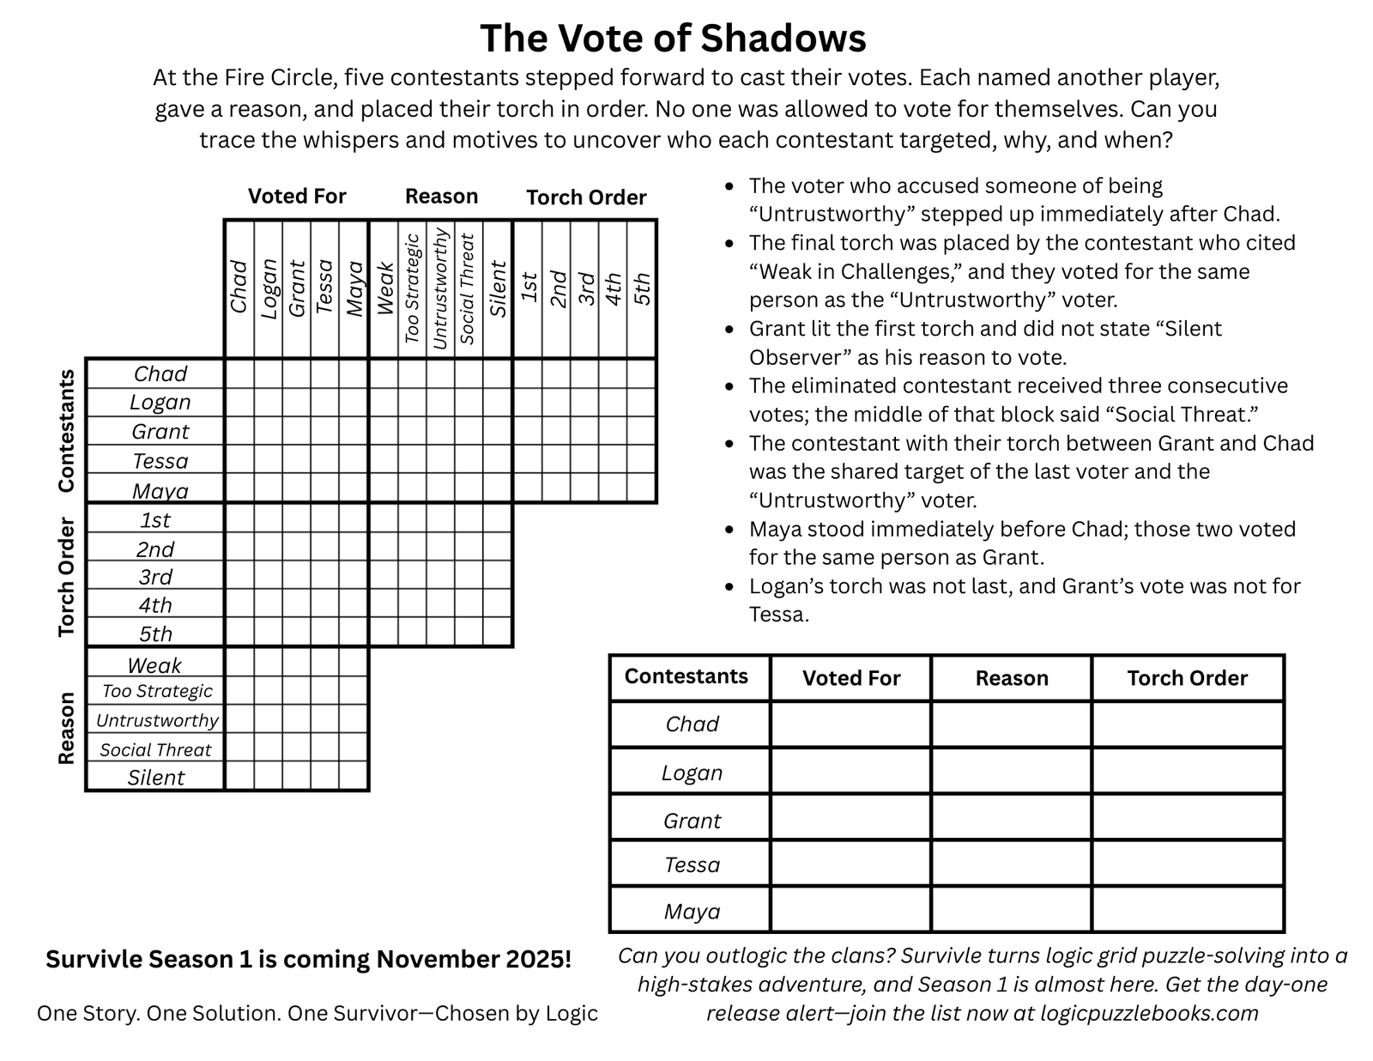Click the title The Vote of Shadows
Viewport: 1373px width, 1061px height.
[x=673, y=39]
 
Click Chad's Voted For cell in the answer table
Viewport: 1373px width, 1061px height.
[x=850, y=725]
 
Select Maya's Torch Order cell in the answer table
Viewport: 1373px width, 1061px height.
[x=1188, y=910]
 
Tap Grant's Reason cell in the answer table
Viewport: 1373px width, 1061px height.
[x=1011, y=818]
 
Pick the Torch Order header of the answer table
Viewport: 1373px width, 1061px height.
[x=1188, y=678]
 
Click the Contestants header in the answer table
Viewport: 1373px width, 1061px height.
[x=686, y=676]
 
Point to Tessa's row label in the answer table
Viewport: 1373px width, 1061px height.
[x=692, y=864]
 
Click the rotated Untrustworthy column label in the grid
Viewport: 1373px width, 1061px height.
[x=441, y=288]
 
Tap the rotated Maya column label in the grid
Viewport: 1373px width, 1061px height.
[x=354, y=288]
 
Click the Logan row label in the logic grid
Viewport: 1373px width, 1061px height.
[x=160, y=403]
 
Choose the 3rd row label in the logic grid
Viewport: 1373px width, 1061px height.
[x=155, y=577]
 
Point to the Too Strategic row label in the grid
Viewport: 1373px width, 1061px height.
[x=157, y=691]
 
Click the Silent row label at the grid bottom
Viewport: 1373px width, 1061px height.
[x=156, y=778]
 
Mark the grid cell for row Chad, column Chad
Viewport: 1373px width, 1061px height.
[x=239, y=373]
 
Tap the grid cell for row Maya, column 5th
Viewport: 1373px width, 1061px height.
[x=642, y=489]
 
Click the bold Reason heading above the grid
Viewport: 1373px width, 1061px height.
[x=441, y=197]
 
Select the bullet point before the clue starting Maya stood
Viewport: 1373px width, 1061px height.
[x=729, y=530]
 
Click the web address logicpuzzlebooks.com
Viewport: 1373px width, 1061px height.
[x=1149, y=1014]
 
